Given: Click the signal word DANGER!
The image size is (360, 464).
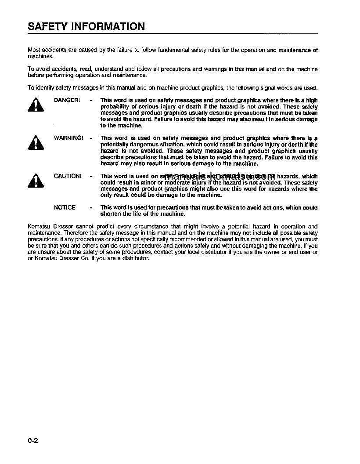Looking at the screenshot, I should (67, 100).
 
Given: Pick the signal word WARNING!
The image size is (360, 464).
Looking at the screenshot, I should (68, 138).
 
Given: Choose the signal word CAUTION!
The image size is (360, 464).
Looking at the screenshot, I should (68, 176).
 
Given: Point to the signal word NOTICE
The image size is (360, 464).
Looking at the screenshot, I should (65, 207).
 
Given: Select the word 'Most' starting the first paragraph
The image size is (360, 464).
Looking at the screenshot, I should (34, 50).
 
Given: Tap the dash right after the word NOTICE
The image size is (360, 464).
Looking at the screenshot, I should (90, 207).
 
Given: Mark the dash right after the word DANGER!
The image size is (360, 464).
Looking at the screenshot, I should (90, 100).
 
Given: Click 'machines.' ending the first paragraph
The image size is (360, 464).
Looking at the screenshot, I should (40, 56).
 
